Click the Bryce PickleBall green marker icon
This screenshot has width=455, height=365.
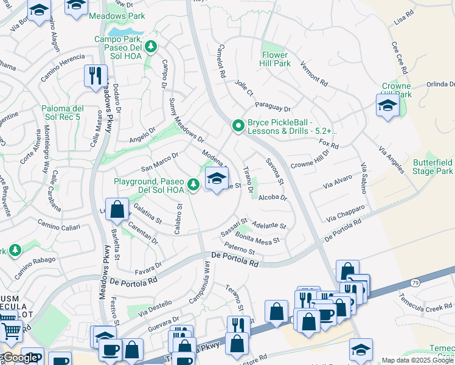pos(238,126)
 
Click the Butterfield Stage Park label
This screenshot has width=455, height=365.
pos(432,167)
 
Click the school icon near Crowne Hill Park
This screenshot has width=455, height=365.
pos(387,106)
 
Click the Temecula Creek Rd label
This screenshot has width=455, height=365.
pos(426,302)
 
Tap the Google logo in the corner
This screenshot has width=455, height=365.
pos(20,358)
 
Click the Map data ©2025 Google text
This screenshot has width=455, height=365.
pos(417,360)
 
